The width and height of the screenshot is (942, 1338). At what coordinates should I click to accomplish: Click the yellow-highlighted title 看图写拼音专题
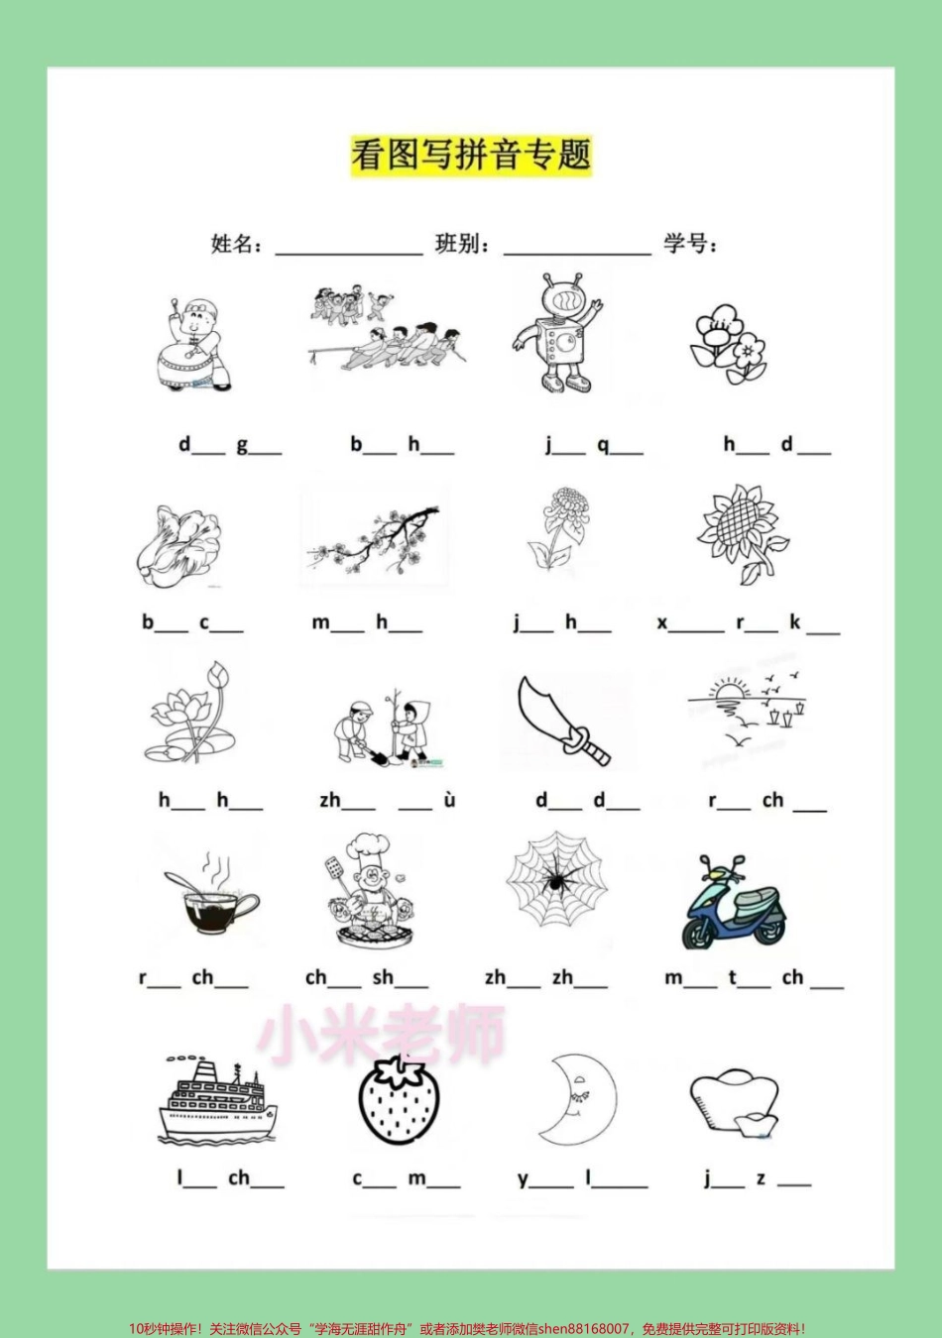[471, 156]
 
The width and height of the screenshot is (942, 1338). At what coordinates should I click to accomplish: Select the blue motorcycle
[734, 904]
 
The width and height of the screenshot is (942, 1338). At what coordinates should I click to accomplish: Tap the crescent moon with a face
[573, 1098]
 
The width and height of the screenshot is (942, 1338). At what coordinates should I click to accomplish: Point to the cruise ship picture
[216, 1100]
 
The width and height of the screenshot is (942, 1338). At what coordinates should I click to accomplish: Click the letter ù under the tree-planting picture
[449, 800]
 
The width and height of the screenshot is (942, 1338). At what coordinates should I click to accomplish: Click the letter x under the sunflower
[662, 623]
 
